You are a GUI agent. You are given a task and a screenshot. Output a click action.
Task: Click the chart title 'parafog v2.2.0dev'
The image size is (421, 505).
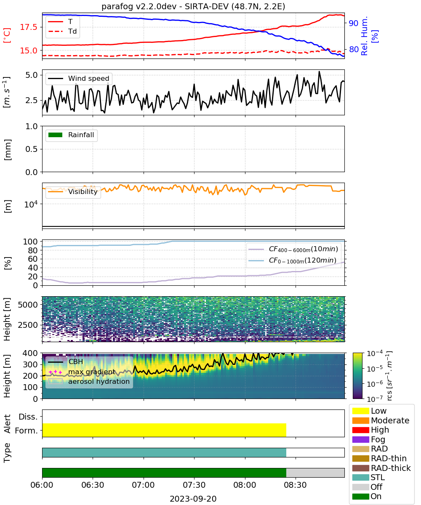tap(139, 6)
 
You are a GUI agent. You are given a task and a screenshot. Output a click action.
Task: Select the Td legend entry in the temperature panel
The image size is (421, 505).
tap(62, 31)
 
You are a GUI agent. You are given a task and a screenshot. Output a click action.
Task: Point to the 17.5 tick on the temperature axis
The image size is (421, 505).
tap(29, 27)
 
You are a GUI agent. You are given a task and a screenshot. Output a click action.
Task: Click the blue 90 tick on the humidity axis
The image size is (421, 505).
tap(353, 23)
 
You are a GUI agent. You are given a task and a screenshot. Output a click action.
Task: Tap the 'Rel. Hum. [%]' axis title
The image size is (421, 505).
tap(369, 36)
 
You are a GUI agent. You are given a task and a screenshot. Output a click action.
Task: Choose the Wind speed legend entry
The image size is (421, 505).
tap(79, 78)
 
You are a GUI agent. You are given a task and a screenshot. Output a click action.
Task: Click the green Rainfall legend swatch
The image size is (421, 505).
tap(56, 135)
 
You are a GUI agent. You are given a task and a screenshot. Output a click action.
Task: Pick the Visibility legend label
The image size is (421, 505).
tap(83, 191)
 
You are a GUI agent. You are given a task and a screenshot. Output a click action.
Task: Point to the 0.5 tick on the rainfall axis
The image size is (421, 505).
tap(32, 149)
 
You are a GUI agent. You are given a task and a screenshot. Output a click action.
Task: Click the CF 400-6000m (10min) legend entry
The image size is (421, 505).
tap(293, 249)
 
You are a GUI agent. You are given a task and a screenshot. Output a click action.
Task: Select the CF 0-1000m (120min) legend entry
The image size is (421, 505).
tap(292, 260)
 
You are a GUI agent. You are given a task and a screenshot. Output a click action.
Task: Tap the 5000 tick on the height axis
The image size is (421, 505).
tap(28, 305)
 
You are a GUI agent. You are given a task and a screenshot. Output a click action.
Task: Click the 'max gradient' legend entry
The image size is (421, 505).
tap(82, 372)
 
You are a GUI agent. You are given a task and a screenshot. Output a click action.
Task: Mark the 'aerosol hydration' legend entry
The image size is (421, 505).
tap(89, 381)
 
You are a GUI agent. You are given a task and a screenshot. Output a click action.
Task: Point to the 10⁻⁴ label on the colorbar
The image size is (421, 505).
tap(375, 353)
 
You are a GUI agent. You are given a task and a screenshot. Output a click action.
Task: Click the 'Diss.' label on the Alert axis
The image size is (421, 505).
tap(28, 417)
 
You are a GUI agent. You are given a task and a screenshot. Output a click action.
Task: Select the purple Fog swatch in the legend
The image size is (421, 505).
tap(360, 439)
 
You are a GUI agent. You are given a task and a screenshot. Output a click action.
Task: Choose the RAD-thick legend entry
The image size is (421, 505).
tap(381, 468)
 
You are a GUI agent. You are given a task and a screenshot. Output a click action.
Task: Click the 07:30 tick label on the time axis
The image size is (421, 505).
tap(194, 485)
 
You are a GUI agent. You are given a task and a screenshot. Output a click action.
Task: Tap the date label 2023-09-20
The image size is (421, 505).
tap(193, 499)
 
